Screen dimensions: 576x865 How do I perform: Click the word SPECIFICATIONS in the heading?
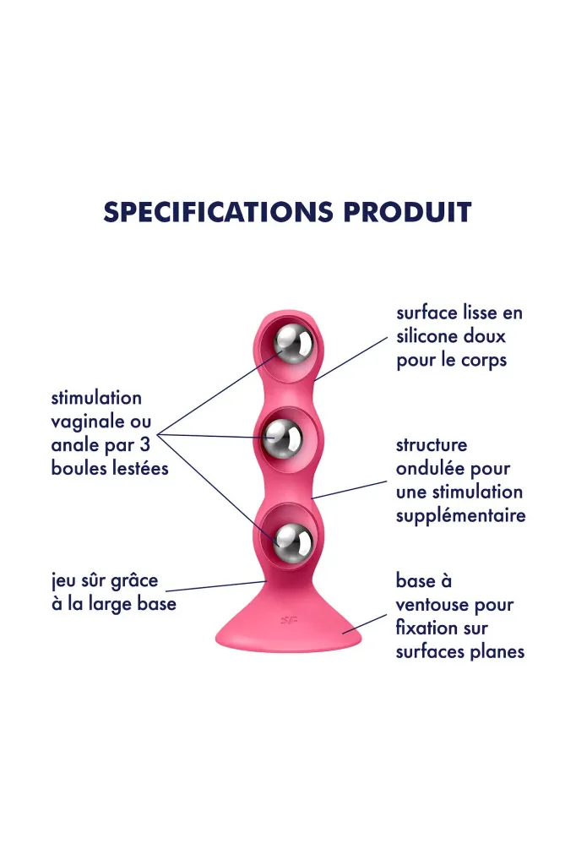pos(219,212)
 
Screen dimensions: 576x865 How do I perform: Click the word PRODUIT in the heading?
pos(407,212)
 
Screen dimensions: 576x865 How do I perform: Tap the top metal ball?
pos(293,345)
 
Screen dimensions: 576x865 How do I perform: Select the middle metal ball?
pos(282,439)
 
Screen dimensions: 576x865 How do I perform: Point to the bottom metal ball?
pos(293,541)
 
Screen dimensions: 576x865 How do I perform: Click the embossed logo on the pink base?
pos(289,620)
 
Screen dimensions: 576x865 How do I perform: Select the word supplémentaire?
pos(460,516)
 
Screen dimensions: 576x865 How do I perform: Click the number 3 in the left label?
pos(144,444)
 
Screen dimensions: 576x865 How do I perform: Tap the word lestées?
pos(140,468)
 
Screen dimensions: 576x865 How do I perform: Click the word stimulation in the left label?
pos(96,398)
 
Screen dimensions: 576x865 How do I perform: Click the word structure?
pos(432,444)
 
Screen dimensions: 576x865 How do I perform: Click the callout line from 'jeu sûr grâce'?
pos(216,586)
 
